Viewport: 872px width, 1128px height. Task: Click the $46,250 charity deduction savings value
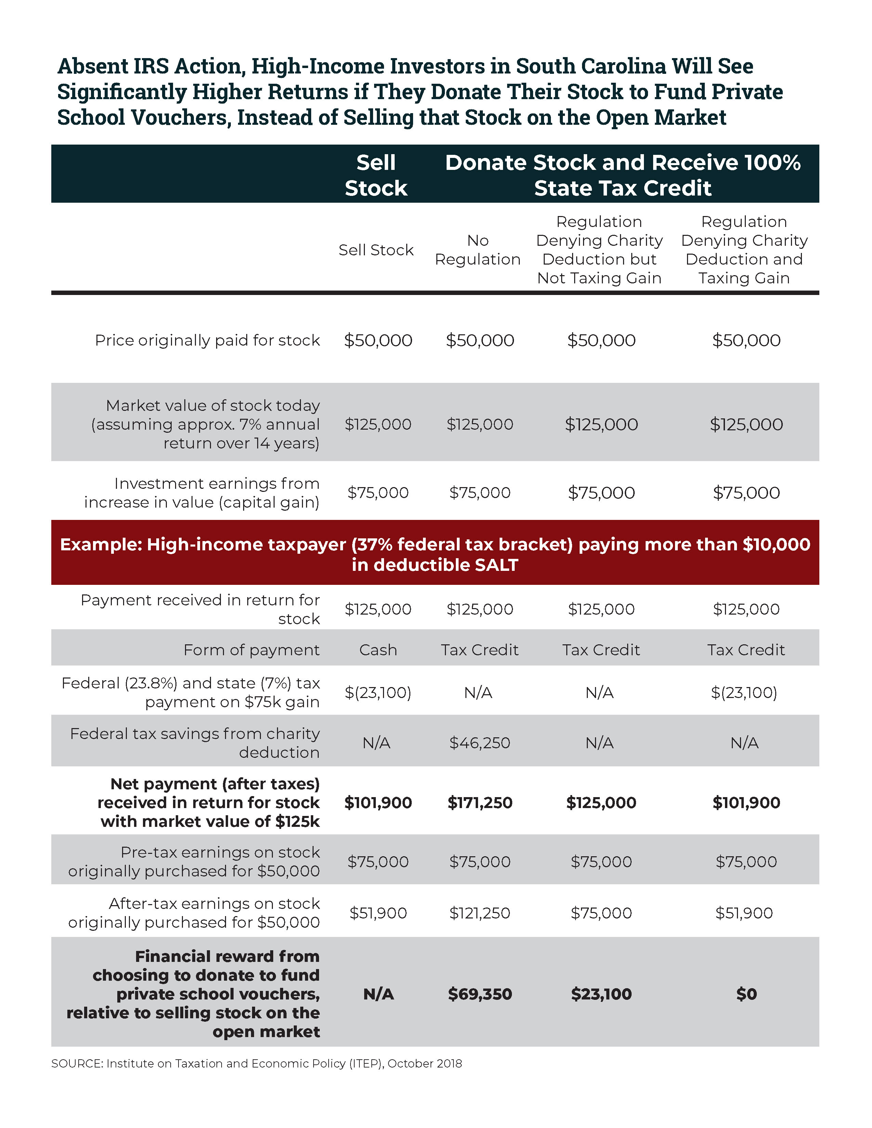click(x=479, y=743)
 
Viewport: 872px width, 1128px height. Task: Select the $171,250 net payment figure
click(x=479, y=803)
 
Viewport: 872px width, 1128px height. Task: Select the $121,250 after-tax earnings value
click(x=479, y=913)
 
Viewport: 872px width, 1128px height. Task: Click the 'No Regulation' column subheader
click(x=477, y=250)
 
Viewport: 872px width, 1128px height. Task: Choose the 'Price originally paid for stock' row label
click(x=207, y=340)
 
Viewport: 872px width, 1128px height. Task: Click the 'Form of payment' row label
click(x=252, y=650)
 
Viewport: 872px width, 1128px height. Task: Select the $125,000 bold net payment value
click(x=601, y=803)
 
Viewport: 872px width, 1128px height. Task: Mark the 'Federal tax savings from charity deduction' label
click(x=195, y=743)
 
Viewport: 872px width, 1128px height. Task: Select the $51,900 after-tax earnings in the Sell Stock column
click(x=378, y=913)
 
